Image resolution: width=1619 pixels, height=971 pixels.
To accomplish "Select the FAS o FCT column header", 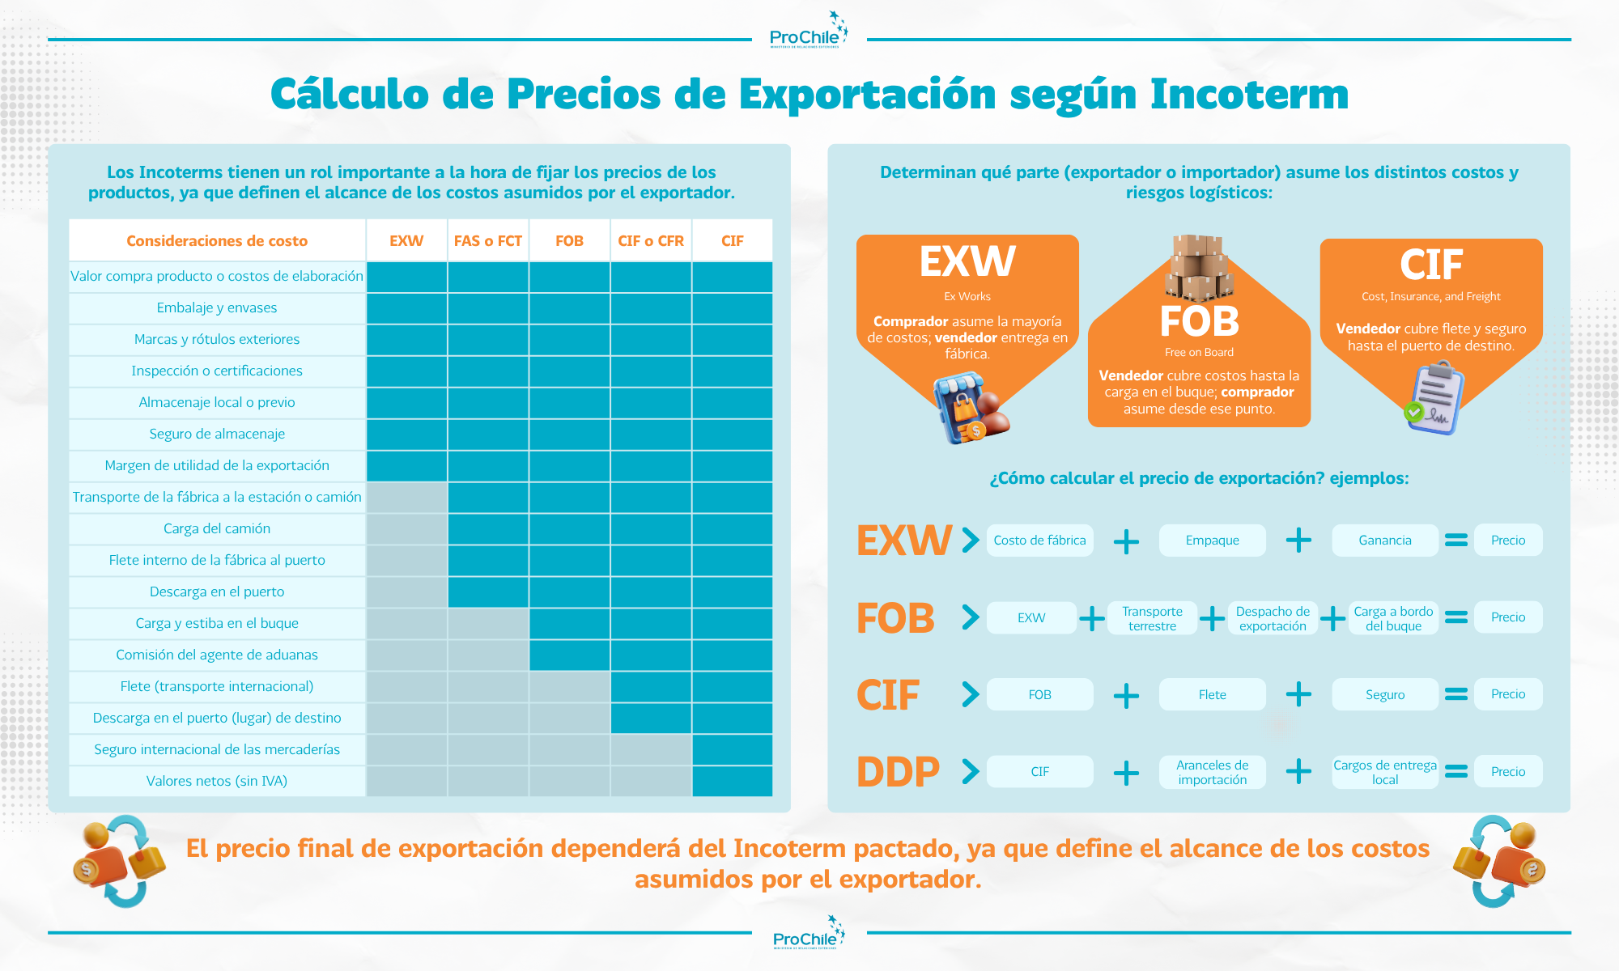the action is tap(488, 240).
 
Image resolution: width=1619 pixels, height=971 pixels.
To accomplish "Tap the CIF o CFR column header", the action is tap(651, 240).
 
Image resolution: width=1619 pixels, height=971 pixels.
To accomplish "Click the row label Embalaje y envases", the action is tap(217, 307).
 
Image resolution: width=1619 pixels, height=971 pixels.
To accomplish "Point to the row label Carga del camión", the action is tap(217, 528).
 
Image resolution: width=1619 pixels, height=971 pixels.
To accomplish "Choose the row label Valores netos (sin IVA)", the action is tap(217, 781).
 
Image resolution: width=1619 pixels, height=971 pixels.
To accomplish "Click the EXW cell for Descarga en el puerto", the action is tap(406, 592).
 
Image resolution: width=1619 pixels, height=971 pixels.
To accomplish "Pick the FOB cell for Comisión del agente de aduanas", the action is tap(570, 655).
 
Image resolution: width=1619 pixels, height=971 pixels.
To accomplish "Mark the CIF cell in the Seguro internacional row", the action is tap(733, 749).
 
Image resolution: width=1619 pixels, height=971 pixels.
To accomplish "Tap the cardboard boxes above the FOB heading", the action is tap(1199, 267).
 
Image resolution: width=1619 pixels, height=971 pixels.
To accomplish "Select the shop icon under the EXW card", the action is tap(970, 408).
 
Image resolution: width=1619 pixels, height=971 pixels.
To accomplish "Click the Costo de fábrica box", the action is tap(1040, 540).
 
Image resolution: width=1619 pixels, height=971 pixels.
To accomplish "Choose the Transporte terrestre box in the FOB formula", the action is tap(1152, 618).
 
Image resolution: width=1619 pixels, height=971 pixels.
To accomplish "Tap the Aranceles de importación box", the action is tap(1213, 772).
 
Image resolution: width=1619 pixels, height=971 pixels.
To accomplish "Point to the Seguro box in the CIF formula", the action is tap(1385, 694).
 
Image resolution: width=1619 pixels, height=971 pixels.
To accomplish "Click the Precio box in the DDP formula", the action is tap(1508, 771).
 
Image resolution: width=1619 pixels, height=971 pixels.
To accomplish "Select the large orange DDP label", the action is tap(898, 772).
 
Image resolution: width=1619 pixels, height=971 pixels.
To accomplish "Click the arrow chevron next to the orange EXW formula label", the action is tap(971, 540).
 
